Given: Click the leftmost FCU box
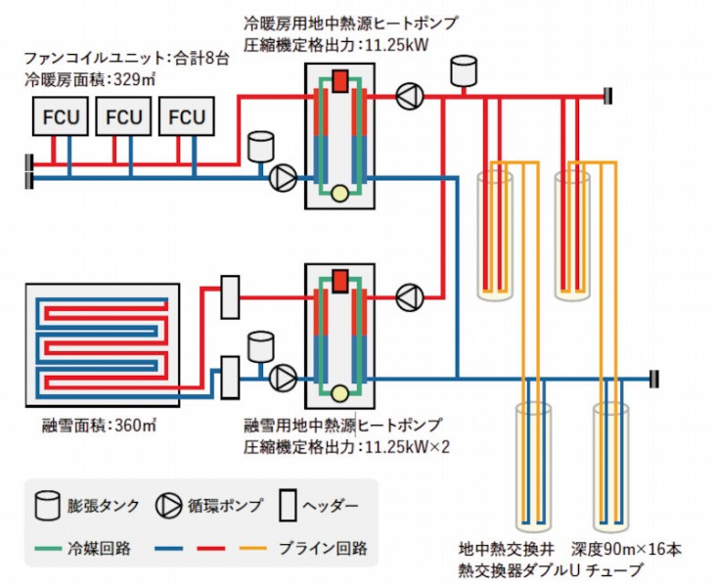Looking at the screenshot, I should [60, 116].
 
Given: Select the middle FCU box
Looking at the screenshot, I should [123, 116].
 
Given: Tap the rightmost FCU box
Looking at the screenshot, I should [187, 116].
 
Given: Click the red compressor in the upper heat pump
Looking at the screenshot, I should [340, 81].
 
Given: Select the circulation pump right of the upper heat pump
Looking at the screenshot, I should [408, 96].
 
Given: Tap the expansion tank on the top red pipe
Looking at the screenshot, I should [461, 70].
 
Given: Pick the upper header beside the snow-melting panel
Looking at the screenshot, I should [230, 296].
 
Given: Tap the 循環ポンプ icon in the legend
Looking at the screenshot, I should [168, 506].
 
